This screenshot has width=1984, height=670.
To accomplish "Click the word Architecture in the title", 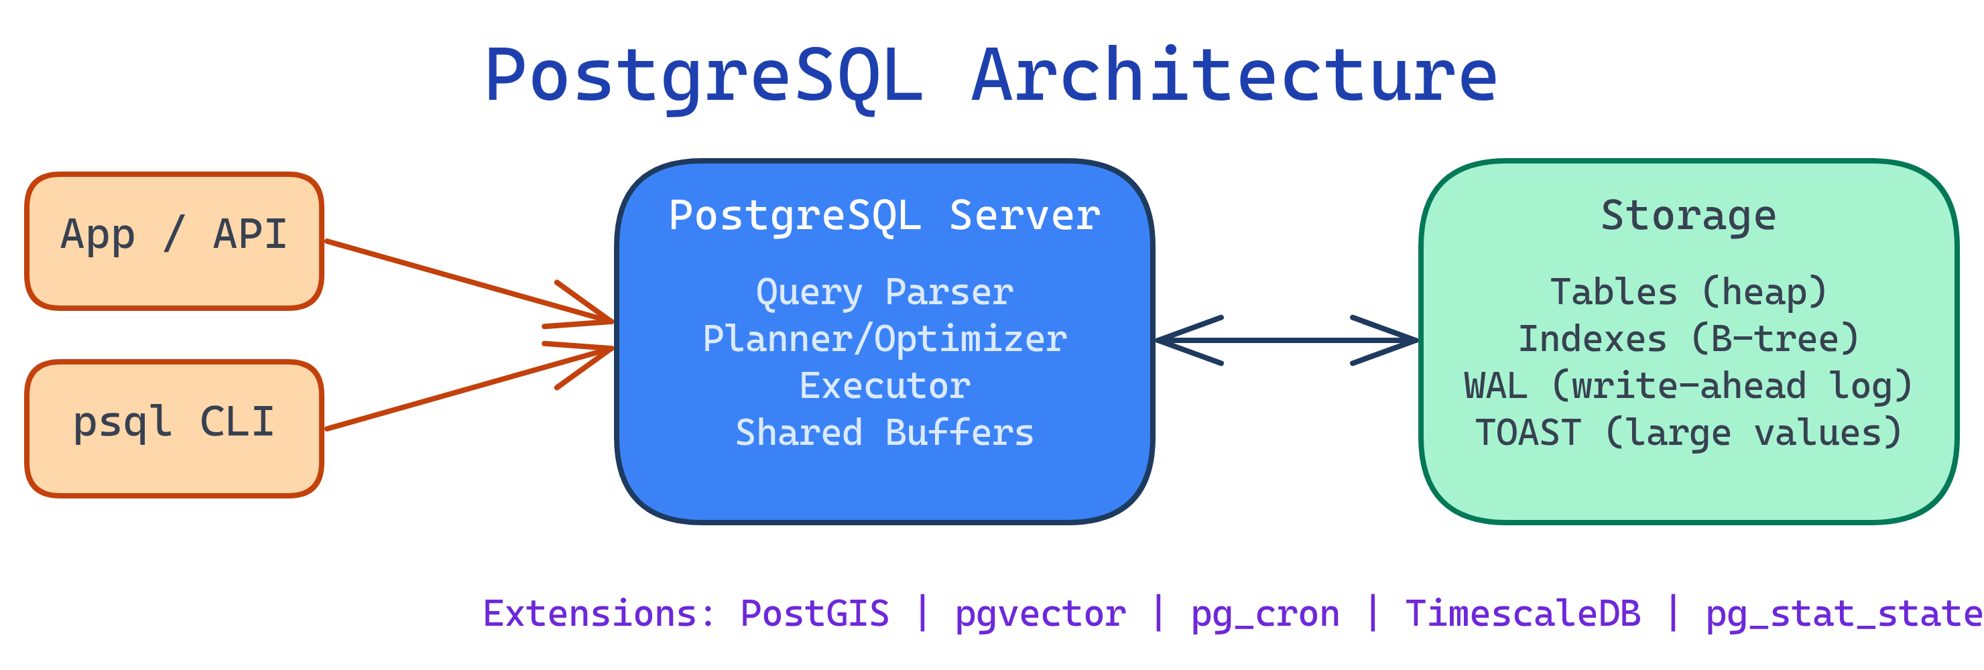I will pyautogui.click(x=1234, y=76).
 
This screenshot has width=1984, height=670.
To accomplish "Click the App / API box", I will pyautogui.click(x=174, y=241).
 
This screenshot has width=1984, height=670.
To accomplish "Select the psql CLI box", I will pyautogui.click(x=174, y=429).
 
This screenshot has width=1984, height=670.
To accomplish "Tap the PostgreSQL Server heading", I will pyautogui.click(x=884, y=216).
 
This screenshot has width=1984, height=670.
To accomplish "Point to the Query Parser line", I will pyautogui.click(x=884, y=293).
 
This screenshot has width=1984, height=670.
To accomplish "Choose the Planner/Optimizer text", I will pyautogui.click(x=884, y=340).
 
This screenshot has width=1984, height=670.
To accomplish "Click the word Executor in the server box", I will pyautogui.click(x=884, y=386).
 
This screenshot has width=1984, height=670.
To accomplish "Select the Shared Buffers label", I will pyautogui.click(x=884, y=433).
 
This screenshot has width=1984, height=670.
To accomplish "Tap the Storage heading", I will pyautogui.click(x=1688, y=216).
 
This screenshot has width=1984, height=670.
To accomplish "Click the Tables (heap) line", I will pyautogui.click(x=1688, y=293).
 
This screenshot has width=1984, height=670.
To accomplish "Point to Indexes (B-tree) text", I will pyautogui.click(x=1688, y=340).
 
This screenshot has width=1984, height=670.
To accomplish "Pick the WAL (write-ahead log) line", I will pyautogui.click(x=1688, y=386).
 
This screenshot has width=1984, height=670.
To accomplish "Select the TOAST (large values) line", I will pyautogui.click(x=1688, y=433).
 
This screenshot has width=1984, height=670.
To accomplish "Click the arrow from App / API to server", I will pyautogui.click(x=462, y=279).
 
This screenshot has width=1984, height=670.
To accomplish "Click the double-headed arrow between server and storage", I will pyautogui.click(x=1286, y=340).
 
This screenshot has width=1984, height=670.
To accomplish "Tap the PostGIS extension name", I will pyautogui.click(x=814, y=614).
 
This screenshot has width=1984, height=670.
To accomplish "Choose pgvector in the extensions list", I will pyautogui.click(x=1040, y=614).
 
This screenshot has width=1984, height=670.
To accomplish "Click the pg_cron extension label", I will pyautogui.click(x=1265, y=614).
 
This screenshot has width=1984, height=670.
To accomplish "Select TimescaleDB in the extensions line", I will pyautogui.click(x=1523, y=614).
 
